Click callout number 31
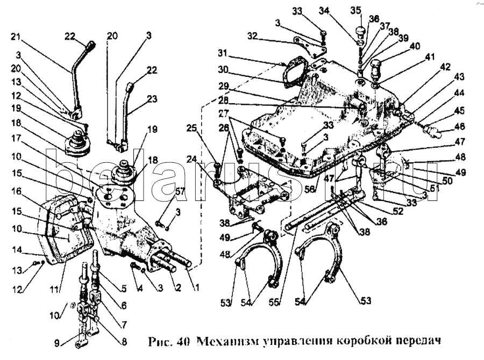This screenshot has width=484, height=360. coord(223,54)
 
